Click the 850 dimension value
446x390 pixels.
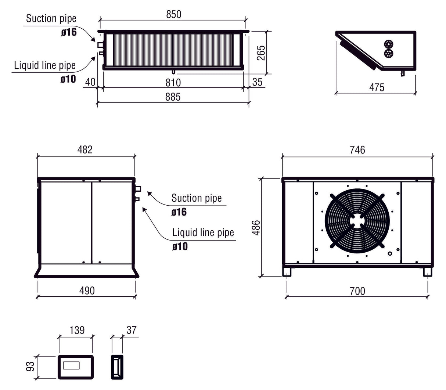tap(173, 14)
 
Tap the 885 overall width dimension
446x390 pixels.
tap(173, 97)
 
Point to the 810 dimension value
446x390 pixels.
tap(173, 82)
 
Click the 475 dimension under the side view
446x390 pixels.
tap(377, 87)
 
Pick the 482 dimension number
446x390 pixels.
tap(85, 149)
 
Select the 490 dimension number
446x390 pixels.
tap(87, 290)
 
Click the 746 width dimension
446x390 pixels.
tap(357, 150)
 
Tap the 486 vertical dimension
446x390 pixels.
tap(256, 227)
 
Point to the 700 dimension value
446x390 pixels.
tap(357, 291)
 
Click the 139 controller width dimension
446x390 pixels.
tap(77, 330)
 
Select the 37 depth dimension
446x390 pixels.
tap(131, 330)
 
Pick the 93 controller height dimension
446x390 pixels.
tap(30, 366)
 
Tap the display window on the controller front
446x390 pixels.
tap(71, 366)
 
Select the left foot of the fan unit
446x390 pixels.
tap(287, 272)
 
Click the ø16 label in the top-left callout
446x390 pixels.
tap(69, 32)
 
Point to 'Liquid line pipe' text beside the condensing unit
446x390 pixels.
tap(203, 232)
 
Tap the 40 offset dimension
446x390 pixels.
tap(90, 82)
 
